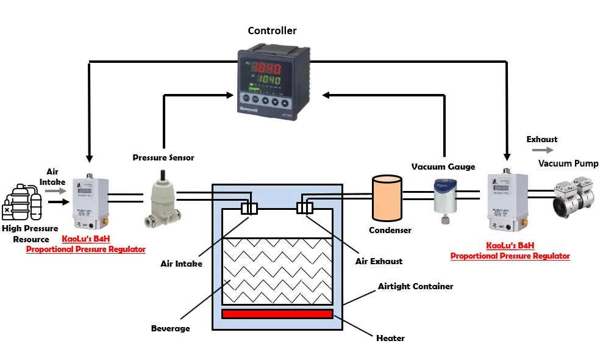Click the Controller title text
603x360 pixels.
click(x=272, y=31)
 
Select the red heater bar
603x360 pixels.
click(x=277, y=314)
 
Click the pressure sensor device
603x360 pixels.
click(x=162, y=196)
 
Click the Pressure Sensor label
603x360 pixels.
click(x=163, y=157)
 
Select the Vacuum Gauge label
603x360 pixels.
click(x=443, y=166)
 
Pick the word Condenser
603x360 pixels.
click(x=390, y=230)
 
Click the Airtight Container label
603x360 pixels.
click(x=415, y=286)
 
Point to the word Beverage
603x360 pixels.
click(x=170, y=328)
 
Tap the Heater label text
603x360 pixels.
click(x=390, y=337)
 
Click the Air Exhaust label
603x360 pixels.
click(x=379, y=261)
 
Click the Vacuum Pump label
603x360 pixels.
click(x=568, y=164)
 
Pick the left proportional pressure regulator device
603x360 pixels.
click(x=90, y=200)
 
